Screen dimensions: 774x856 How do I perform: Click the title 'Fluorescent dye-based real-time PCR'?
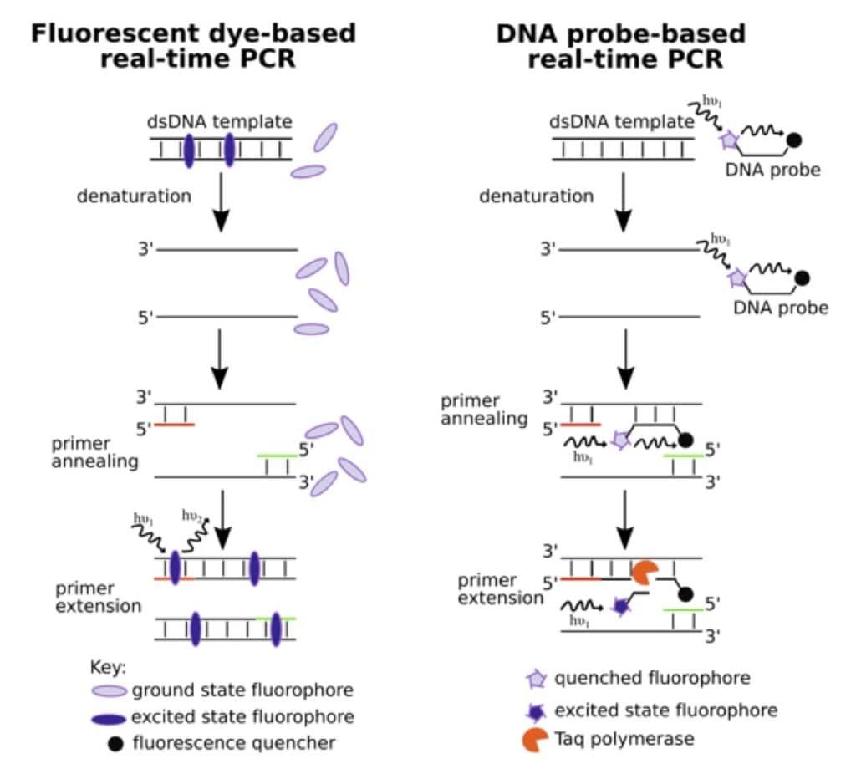click(193, 46)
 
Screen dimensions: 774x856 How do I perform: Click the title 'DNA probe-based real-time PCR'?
click(620, 46)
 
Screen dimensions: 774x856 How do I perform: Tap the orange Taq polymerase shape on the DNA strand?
click(644, 573)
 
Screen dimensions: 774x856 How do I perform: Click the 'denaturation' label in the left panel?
click(135, 196)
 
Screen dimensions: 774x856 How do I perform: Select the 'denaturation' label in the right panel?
click(536, 196)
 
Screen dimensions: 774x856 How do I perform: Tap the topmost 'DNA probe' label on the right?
click(772, 171)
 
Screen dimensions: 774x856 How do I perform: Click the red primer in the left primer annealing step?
click(175, 425)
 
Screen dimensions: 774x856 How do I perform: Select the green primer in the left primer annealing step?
click(277, 455)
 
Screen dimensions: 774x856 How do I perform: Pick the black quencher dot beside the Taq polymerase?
click(685, 594)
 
